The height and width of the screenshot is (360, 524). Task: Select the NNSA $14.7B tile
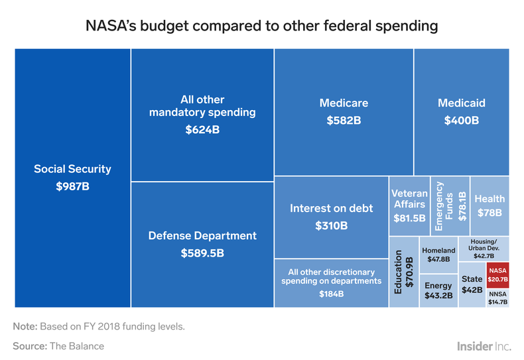pos(497,298)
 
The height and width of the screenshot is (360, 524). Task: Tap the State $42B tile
pos(472,284)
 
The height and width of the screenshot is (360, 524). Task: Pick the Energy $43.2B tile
pos(438,290)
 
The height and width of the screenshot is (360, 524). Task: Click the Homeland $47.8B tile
pos(438,254)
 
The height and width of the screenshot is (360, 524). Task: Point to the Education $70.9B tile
pos(404,272)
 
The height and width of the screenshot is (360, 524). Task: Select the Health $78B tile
pos(490,206)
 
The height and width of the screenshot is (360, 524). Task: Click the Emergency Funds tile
pos(450,206)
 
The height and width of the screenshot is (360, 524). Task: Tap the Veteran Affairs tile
pos(409,206)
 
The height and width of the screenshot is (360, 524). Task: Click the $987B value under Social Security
pos(73,187)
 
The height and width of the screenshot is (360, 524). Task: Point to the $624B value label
pos(202,130)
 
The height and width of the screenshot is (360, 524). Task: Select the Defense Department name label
pos(202,235)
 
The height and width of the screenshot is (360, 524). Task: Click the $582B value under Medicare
pos(344,121)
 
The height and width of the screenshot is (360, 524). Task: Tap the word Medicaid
pos(462,103)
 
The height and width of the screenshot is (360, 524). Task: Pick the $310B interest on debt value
pos(331,225)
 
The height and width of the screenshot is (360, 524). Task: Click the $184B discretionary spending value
pos(331,293)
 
